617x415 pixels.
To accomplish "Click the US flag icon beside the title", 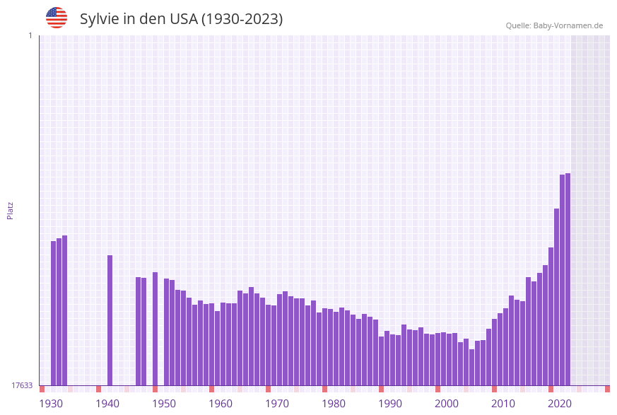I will pos(57,18).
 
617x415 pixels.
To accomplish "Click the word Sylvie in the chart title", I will pos(99,19).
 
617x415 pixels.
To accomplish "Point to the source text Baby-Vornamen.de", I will pos(568,25).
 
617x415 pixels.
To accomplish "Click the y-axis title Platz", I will pos(10,210).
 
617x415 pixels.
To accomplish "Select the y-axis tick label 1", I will pos(30,35).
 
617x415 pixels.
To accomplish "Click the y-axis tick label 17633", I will pos(21,385).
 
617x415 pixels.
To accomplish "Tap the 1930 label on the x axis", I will pos(51,404).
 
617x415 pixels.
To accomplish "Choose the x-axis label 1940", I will pos(107,404).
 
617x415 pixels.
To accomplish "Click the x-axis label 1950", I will pos(164,404).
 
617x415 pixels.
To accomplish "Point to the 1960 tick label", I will pos(221,404).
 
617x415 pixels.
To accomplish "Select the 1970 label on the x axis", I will pos(277,404).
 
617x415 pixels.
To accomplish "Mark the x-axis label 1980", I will pos(334,404).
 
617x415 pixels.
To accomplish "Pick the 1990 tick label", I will pos(390,404).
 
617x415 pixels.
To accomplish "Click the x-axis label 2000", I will pos(447,404).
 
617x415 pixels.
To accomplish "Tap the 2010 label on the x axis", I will pos(503,404).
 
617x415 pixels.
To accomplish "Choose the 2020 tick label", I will pos(560,404).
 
